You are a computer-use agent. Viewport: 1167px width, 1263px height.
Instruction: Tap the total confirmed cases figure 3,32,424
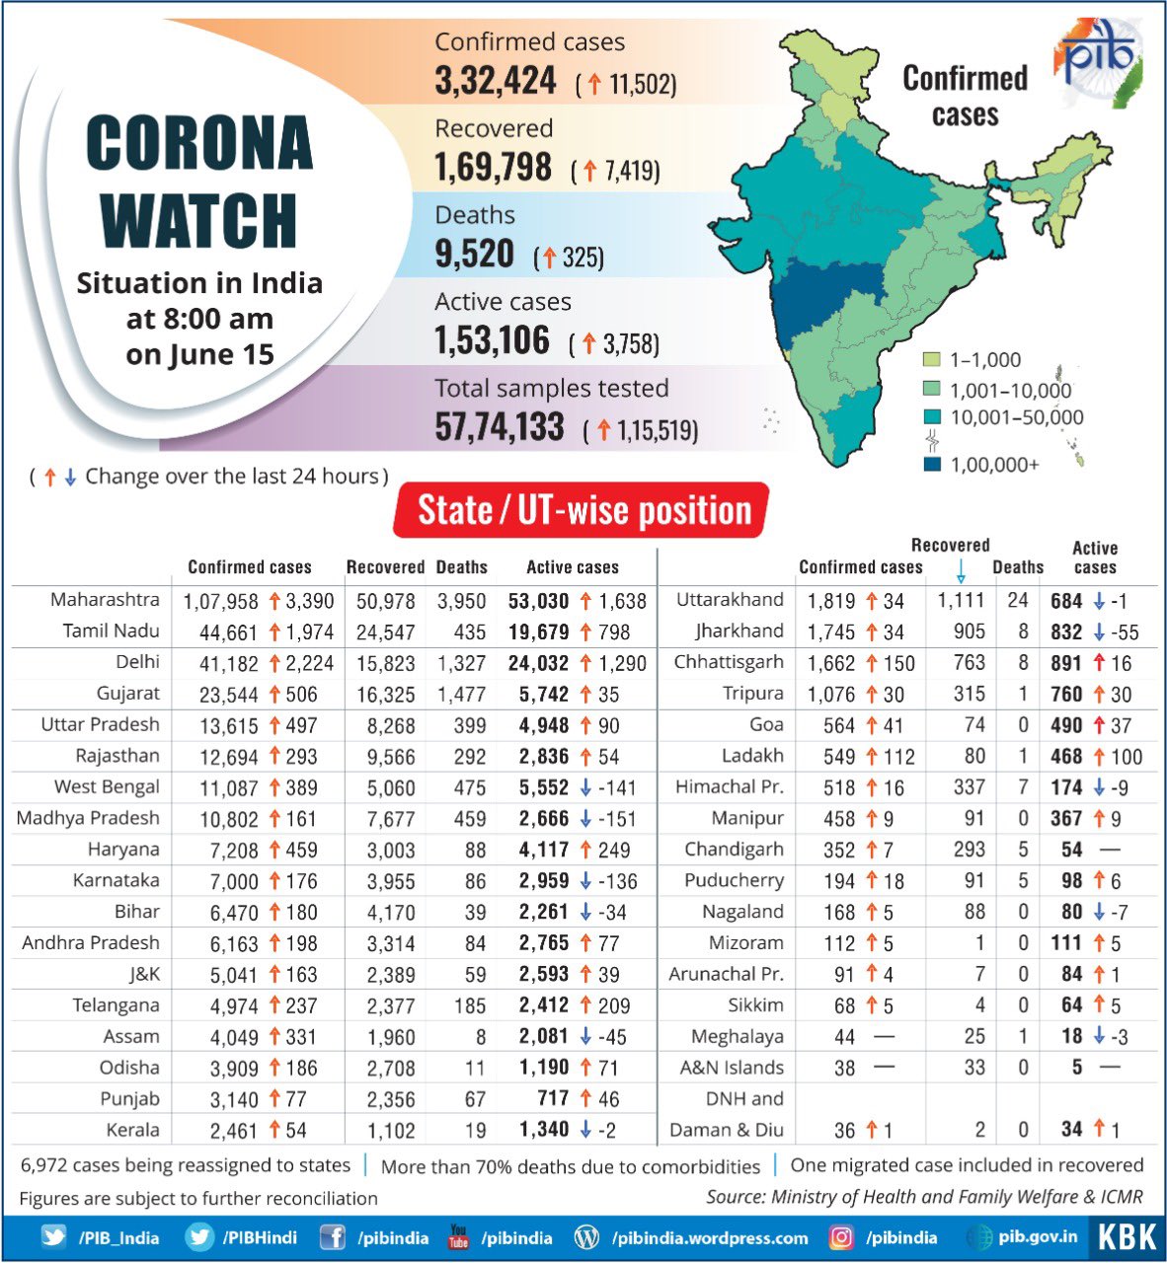coord(496,81)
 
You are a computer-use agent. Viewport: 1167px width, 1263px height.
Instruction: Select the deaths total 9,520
coord(475,255)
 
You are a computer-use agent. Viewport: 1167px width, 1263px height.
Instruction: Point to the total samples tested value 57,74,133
coord(500,427)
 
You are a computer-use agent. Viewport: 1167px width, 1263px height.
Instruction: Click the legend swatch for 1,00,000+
coord(931,464)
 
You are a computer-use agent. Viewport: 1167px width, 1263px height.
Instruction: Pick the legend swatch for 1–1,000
coord(931,360)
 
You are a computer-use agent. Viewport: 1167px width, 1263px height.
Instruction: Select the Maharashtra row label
coord(105,600)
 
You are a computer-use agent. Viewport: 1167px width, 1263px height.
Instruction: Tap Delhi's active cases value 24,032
coord(538,663)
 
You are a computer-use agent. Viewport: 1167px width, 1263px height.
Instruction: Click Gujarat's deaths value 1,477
coord(461,695)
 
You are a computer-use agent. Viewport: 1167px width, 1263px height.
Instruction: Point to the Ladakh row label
coord(752,756)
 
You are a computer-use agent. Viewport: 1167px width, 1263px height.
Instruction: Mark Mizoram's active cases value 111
coord(1066,943)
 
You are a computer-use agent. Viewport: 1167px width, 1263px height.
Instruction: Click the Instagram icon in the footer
coord(841,1237)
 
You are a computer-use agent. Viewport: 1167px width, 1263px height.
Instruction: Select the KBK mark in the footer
coord(1127,1237)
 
